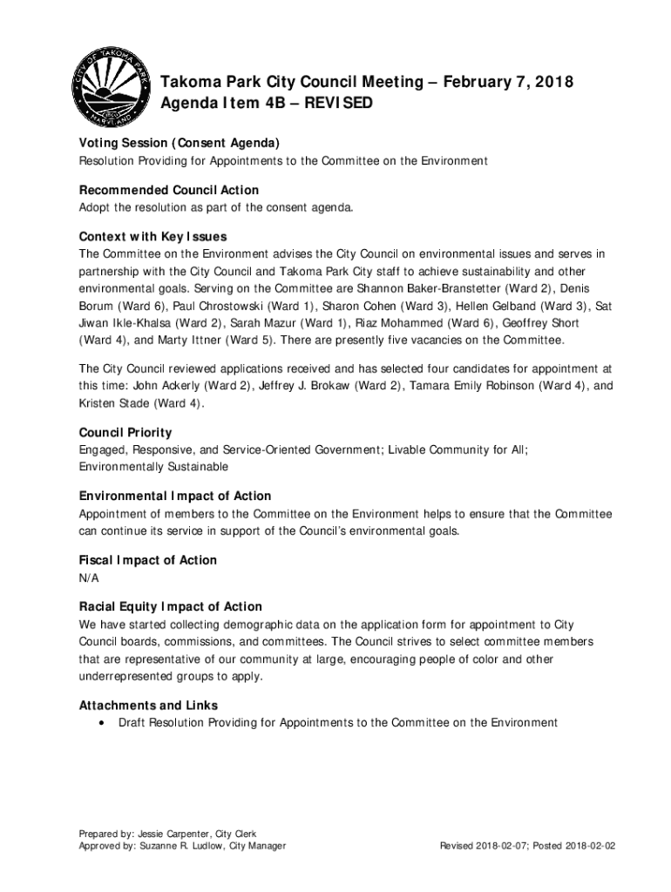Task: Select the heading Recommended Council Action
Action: click(169, 190)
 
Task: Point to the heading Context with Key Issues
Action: click(152, 237)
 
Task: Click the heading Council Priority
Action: click(125, 433)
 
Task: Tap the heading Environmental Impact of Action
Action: click(175, 497)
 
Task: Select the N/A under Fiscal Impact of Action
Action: click(89, 578)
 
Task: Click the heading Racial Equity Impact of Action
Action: click(171, 607)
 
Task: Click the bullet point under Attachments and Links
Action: click(104, 723)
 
